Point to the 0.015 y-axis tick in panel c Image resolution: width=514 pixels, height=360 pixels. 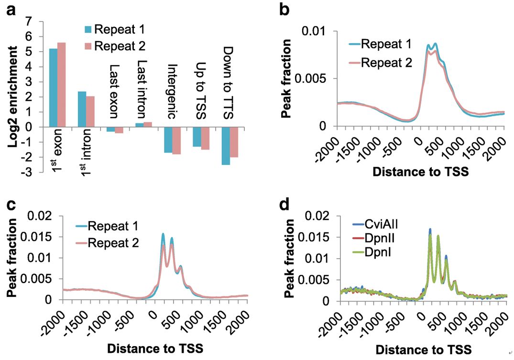click(43, 237)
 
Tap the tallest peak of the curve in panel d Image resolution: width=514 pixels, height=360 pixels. click(430, 230)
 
